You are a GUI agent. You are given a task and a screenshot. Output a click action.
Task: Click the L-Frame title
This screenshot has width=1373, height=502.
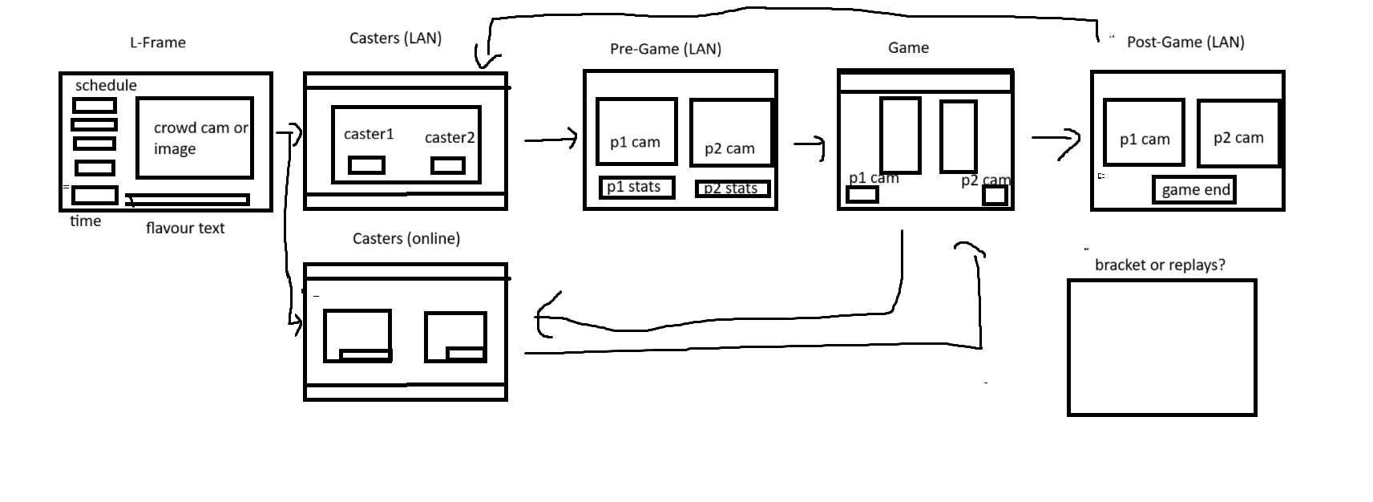click(157, 43)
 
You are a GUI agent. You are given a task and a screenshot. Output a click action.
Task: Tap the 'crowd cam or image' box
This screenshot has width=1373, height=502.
click(195, 138)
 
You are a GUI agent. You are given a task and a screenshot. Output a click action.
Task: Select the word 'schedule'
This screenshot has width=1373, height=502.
click(106, 85)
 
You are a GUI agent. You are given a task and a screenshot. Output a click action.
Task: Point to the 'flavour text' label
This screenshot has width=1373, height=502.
click(185, 228)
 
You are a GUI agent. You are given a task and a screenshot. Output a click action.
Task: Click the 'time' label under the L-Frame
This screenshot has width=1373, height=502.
click(85, 221)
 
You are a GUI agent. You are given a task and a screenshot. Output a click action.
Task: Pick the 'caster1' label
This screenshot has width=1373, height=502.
click(369, 134)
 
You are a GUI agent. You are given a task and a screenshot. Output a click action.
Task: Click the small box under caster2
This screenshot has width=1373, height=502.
click(447, 166)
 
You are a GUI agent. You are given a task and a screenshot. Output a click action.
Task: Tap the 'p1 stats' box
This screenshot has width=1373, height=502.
click(636, 188)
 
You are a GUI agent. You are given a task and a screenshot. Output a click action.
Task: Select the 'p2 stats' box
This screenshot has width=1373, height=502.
click(731, 189)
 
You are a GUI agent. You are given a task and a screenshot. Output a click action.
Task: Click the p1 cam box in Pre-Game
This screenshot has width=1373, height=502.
click(636, 132)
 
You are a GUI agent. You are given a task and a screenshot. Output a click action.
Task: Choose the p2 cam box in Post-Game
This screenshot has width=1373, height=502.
click(1238, 134)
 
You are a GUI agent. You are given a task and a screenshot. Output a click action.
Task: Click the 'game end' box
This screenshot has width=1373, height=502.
click(1194, 190)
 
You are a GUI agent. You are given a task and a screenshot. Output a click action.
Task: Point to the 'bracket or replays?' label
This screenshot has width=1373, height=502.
click(1160, 265)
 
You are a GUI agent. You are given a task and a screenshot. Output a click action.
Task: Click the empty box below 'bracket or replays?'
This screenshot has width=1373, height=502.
click(1161, 347)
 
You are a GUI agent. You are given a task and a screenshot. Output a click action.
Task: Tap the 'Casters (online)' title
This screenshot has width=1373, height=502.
click(406, 238)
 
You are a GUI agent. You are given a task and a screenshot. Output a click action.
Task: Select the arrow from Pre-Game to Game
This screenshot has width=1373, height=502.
click(810, 145)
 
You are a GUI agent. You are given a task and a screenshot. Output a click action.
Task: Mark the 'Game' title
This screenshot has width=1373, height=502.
click(908, 47)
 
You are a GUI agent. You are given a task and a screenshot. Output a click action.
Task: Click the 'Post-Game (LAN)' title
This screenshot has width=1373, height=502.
click(1185, 42)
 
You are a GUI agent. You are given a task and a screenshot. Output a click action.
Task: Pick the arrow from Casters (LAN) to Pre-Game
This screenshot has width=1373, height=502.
click(551, 140)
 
